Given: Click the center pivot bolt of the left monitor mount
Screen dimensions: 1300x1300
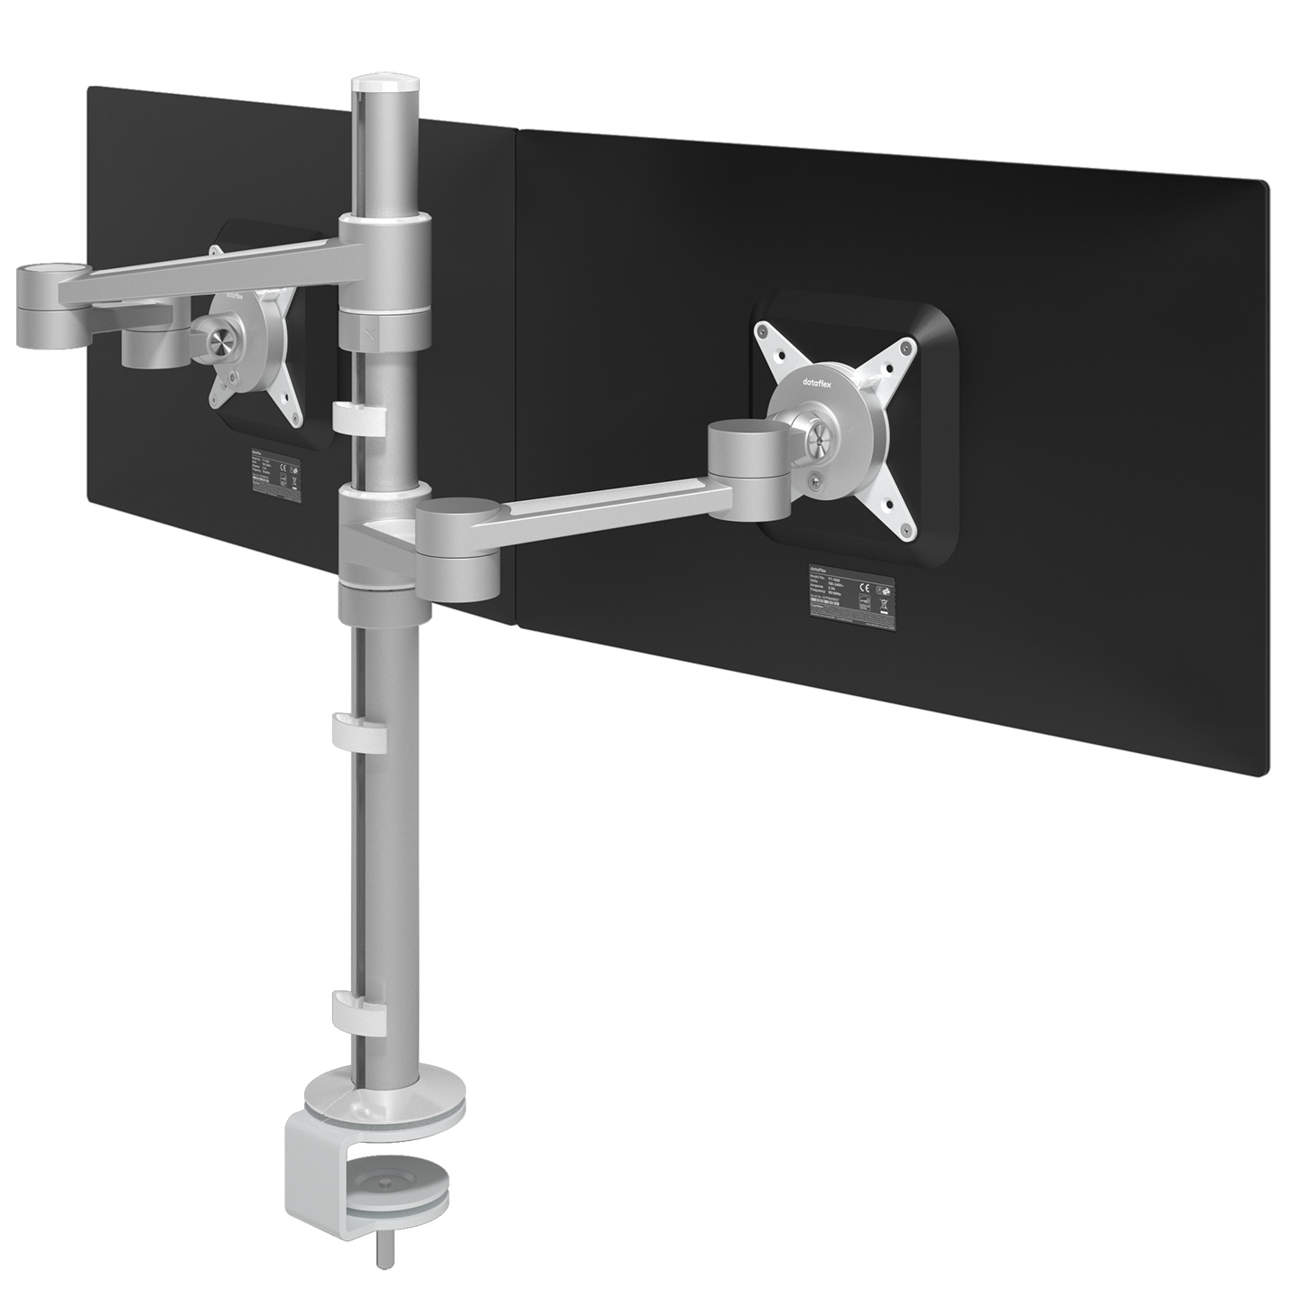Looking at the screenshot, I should click(218, 340).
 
